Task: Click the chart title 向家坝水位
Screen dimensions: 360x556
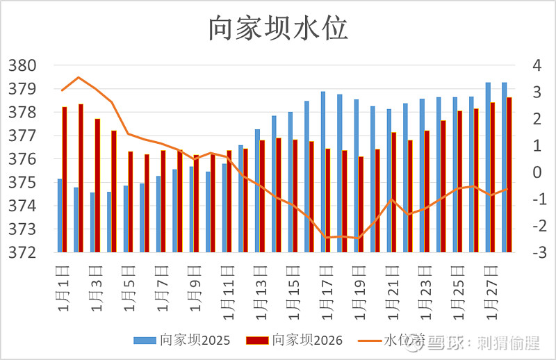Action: (278, 28)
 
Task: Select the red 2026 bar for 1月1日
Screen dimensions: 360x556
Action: (65, 179)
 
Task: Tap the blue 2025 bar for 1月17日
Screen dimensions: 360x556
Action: (323, 172)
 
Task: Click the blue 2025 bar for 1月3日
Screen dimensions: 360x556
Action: (92, 222)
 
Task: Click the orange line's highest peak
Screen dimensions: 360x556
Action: (79, 77)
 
